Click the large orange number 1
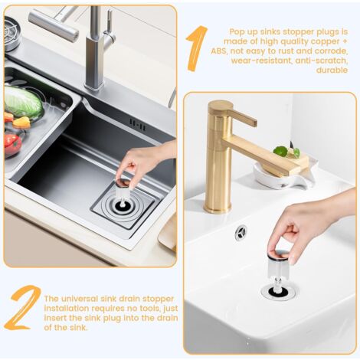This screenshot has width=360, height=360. tap(197, 47)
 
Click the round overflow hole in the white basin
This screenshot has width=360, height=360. tap(241, 232)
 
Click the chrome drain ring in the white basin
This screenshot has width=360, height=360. tap(279, 291)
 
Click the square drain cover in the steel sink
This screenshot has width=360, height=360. tap(123, 205)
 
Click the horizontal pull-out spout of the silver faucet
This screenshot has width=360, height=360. tap(54, 25)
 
